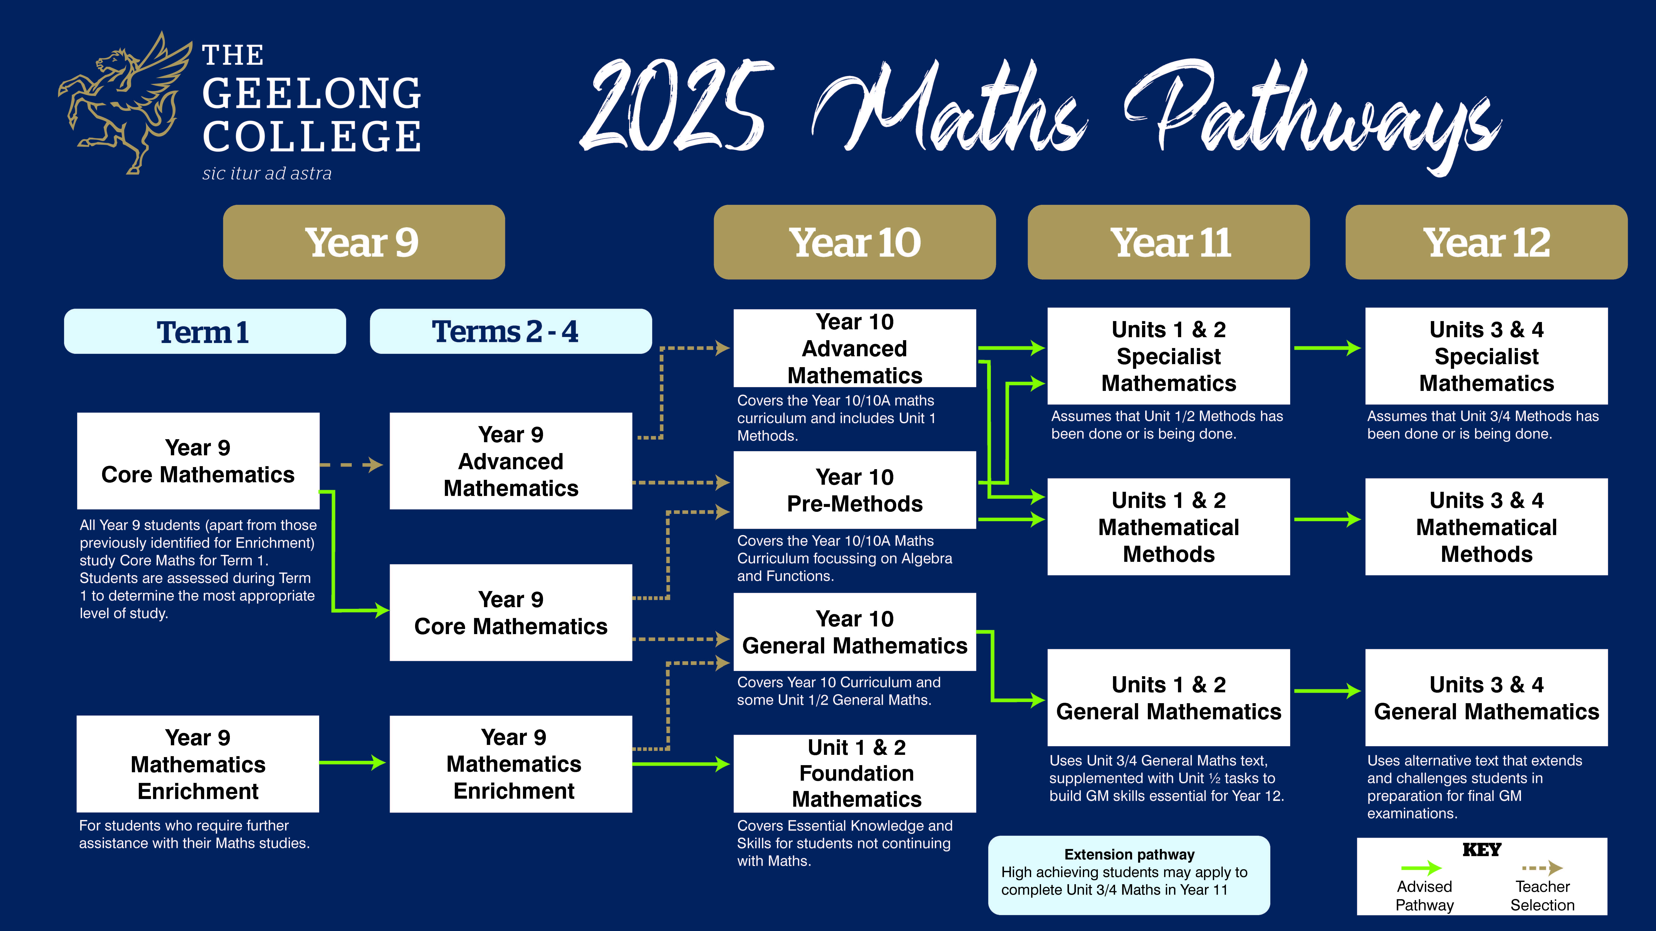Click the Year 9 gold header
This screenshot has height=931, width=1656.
pos(364,242)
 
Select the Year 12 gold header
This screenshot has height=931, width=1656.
pos(1486,242)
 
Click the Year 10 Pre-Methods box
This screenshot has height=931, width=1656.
pos(854,490)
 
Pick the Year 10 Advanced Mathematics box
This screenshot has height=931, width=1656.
pos(854,348)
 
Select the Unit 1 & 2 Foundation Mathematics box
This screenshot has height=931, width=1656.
pos(854,774)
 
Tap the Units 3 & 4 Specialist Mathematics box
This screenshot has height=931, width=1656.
pos(1486,356)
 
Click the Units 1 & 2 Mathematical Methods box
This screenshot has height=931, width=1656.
pos(1169,527)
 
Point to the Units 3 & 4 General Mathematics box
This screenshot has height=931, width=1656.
pos(1486,698)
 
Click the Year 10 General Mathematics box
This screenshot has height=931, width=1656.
pos(854,632)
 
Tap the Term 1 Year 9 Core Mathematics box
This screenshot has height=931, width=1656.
pos(198,461)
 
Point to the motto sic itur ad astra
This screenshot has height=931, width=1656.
pos(267,174)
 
